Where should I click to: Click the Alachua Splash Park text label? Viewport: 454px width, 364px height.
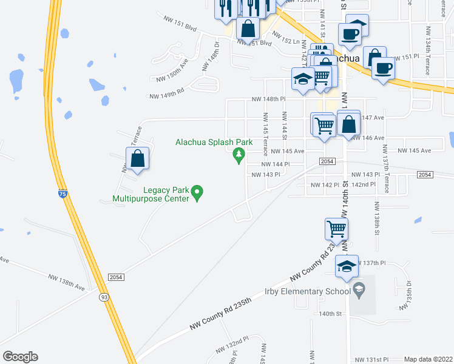coord(214,143)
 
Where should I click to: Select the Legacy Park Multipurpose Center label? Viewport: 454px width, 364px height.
coord(151,194)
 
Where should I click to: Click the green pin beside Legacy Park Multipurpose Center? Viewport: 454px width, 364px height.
coord(197,194)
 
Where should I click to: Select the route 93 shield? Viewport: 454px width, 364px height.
coord(105,297)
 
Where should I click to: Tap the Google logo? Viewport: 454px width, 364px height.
coord(20,356)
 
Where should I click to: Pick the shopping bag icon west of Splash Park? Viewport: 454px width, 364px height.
coord(138,159)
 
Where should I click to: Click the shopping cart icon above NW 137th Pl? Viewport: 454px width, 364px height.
coord(337,229)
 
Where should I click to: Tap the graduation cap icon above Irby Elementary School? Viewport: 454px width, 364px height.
coord(347,266)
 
